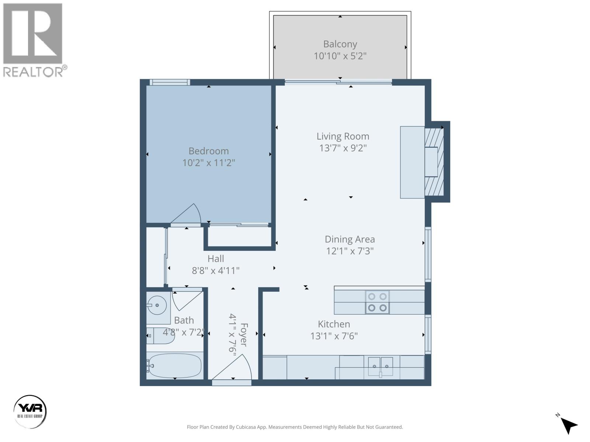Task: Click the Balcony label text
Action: point(340,44)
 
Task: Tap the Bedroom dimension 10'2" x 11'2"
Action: point(209,163)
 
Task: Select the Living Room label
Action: point(343,136)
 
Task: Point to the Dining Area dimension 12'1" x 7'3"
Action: point(350,251)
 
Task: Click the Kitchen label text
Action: point(334,324)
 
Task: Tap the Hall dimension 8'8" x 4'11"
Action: point(216,271)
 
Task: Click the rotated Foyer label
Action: point(244,334)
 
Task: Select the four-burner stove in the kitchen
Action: point(377,302)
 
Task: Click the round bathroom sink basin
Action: point(157,305)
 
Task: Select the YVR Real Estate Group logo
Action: point(30,411)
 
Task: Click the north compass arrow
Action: point(569,426)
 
